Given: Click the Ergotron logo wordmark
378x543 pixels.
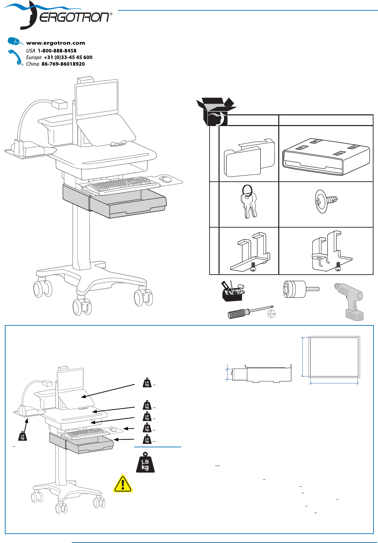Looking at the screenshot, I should (x=75, y=17).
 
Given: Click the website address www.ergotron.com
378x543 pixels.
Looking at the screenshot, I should (x=56, y=43).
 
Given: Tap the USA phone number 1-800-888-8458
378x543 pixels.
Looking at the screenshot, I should (x=57, y=50).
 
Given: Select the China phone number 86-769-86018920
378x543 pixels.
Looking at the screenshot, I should (x=63, y=64).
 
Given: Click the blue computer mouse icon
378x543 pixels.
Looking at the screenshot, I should (x=15, y=41).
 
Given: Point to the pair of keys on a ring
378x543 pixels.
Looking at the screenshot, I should (x=249, y=202).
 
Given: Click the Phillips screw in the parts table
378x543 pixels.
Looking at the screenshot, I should (x=326, y=201).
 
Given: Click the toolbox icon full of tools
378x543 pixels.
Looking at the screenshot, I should (x=232, y=291).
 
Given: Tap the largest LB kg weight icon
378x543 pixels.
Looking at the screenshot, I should (x=145, y=463).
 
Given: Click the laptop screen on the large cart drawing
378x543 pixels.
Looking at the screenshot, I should (x=97, y=98).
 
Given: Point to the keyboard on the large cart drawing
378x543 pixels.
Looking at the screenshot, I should (x=121, y=184).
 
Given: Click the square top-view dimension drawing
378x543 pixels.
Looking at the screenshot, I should (x=334, y=357).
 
